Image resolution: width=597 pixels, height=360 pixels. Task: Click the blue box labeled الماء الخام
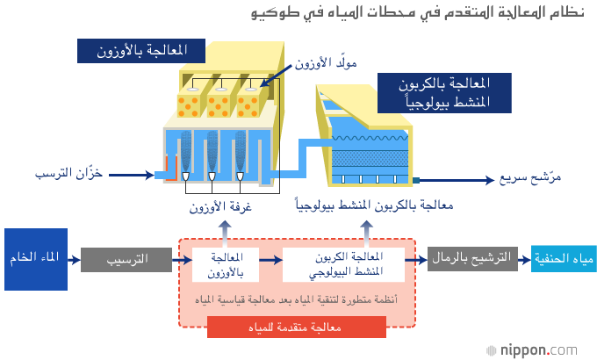[x=36, y=259]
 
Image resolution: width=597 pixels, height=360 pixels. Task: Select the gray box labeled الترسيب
[x=124, y=260]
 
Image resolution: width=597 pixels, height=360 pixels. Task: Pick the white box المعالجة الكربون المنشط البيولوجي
[x=343, y=265]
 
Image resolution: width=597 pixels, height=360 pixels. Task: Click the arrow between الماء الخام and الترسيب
[x=74, y=260]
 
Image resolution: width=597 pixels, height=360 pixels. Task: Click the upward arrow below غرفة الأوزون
[x=225, y=232]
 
